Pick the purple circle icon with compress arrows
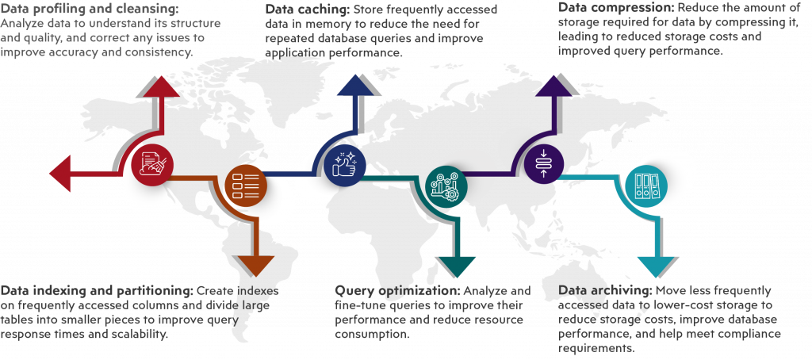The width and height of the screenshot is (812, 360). (x=544, y=165)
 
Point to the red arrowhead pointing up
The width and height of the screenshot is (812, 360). (x=158, y=87)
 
